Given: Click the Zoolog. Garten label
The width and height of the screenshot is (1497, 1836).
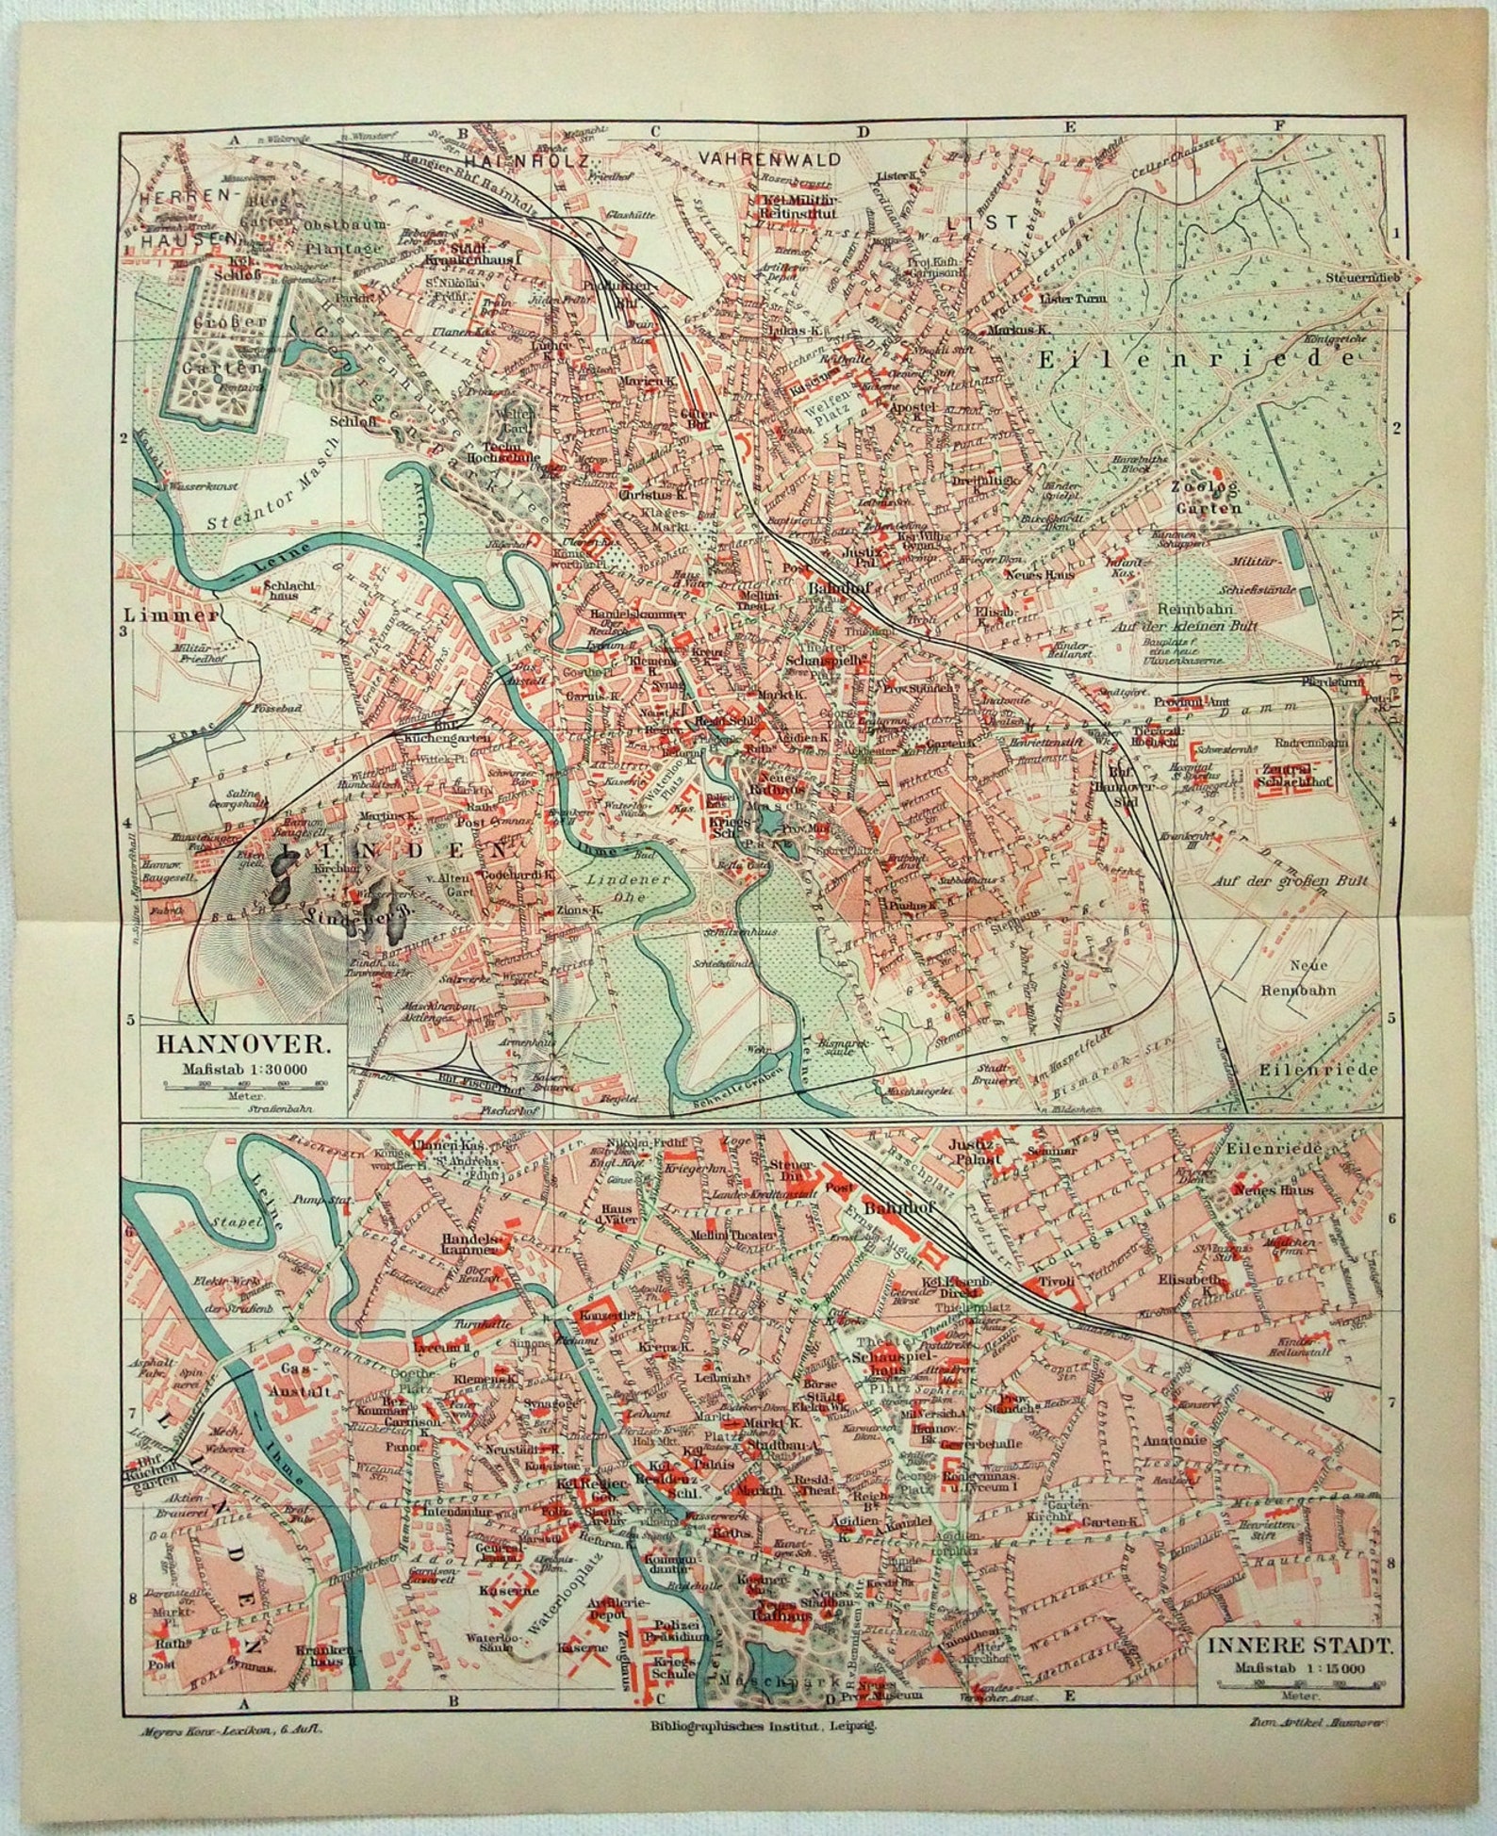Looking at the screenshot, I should (1208, 498).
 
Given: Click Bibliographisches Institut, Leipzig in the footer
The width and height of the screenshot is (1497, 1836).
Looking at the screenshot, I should (764, 1724).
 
